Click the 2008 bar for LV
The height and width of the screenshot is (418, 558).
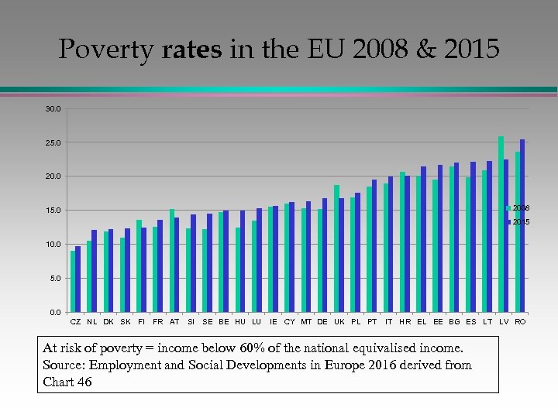[x=501, y=224]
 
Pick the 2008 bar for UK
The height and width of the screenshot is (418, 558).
[x=336, y=248]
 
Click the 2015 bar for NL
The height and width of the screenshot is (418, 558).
[x=95, y=271]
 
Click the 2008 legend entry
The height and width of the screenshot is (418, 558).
[x=519, y=208]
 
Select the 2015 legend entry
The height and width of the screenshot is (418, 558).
[x=519, y=222]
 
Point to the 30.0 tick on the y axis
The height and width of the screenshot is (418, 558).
[x=52, y=109]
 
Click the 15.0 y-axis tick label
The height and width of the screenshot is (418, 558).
[x=52, y=211]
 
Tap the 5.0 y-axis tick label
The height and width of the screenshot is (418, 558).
[x=53, y=279]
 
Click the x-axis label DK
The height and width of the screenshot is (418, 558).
[x=108, y=321]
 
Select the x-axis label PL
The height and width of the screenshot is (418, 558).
[x=356, y=321]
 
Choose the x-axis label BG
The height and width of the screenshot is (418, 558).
[x=454, y=321]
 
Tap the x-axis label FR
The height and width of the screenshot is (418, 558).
[x=158, y=321]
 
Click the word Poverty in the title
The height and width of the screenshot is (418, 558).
[x=107, y=50]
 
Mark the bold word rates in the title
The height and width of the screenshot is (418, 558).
[x=192, y=50]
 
